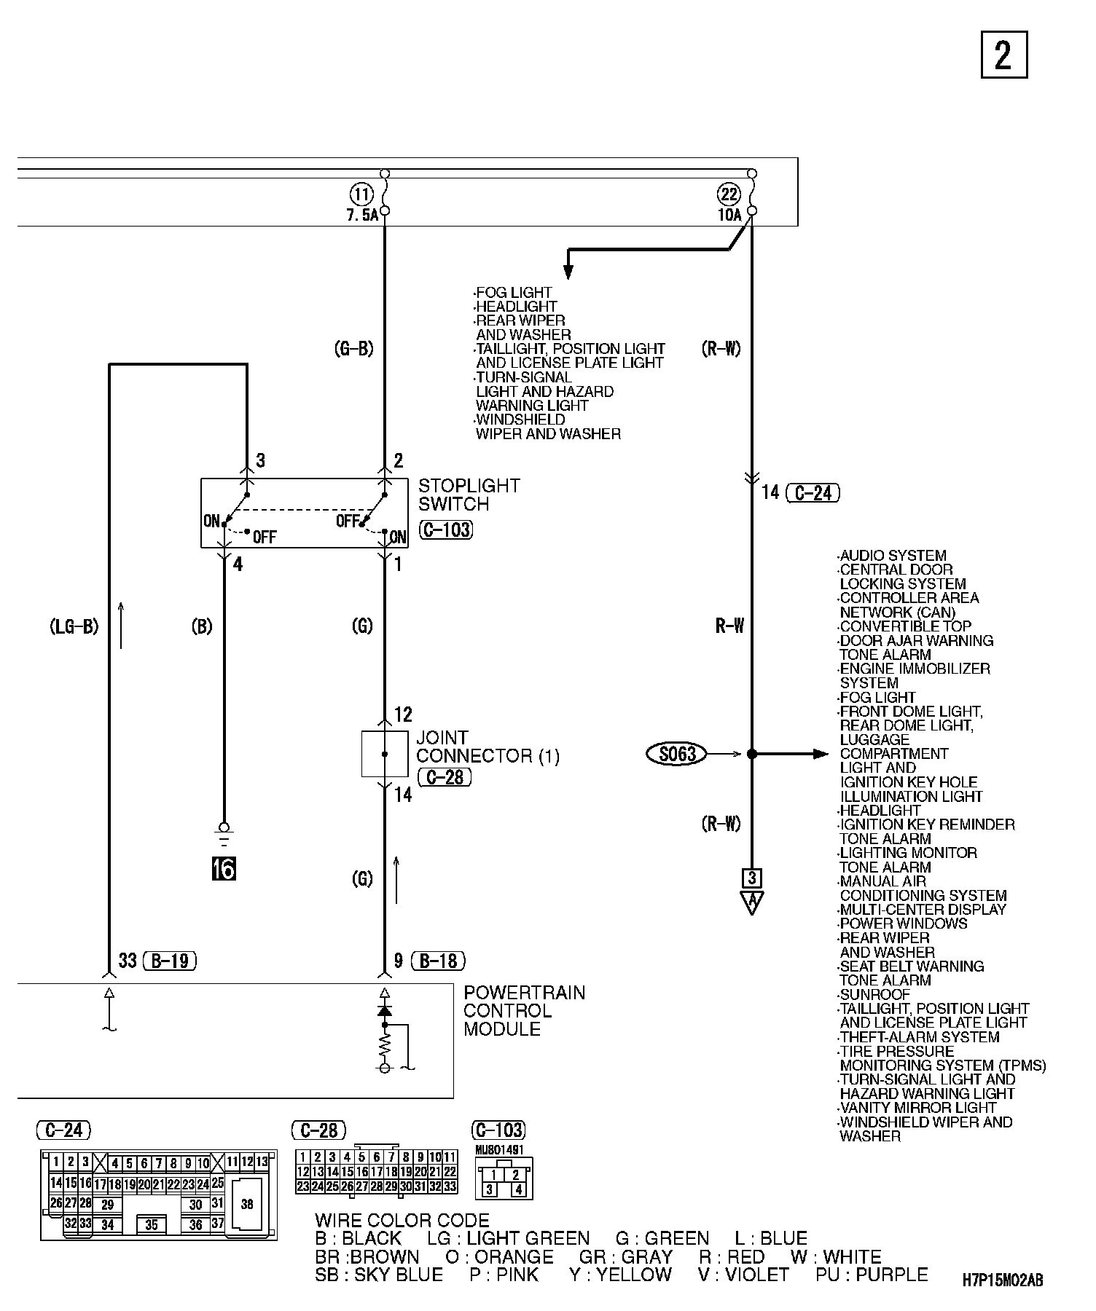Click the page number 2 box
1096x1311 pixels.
[x=1003, y=55]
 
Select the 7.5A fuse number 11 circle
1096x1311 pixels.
[x=361, y=194]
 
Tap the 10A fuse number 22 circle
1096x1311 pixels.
[x=729, y=194]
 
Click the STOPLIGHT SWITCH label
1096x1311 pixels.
[x=469, y=495]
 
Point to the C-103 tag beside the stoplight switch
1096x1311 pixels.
[x=446, y=529]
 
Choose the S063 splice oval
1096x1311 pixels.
[x=677, y=754]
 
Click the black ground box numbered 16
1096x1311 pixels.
[x=224, y=869]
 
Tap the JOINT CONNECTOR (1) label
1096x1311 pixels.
[x=488, y=747]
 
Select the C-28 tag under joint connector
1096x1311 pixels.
[x=445, y=778]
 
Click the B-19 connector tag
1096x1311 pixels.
[x=170, y=961]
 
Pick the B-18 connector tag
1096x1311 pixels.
[x=438, y=961]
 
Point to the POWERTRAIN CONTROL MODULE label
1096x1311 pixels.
[x=524, y=1011]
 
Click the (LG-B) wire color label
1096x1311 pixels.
[x=74, y=626]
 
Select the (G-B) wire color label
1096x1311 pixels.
[x=353, y=349]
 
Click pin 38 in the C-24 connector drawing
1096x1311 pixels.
[x=247, y=1204]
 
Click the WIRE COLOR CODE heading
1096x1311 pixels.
[x=402, y=1221]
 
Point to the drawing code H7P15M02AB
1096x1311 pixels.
[x=1002, y=1280]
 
